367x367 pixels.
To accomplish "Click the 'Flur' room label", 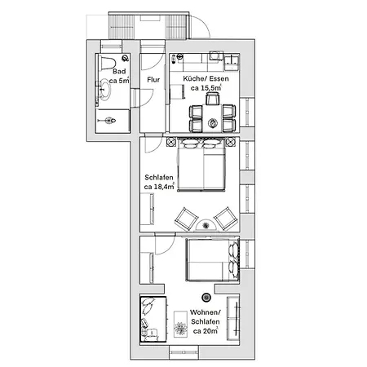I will tap(153, 80).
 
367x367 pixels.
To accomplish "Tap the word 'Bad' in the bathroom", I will tap(118, 71).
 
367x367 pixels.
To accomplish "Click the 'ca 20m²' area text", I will tap(206, 331).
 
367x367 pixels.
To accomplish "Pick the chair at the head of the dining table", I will tap(212, 99).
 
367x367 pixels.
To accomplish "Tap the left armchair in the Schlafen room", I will tap(187, 218).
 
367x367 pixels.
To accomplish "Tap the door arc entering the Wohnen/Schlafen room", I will tap(161, 245).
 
